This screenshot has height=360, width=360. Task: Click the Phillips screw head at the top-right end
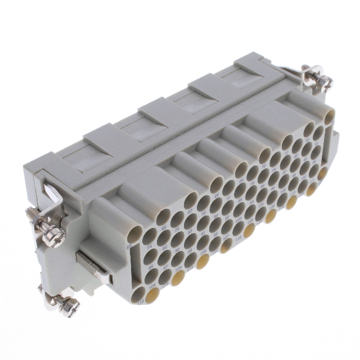tap(325, 82)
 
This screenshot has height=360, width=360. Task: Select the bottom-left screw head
tap(72, 304)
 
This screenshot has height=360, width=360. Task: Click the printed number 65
tap(129, 246)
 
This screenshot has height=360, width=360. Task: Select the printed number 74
tap(149, 247)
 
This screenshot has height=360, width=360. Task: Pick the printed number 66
tap(164, 228)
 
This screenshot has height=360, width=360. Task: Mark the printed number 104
tap(152, 286)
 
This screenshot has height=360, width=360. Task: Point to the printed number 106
tap(203, 251)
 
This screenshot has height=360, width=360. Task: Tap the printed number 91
tap(203, 232)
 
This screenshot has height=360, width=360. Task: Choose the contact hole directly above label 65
tap(134, 233)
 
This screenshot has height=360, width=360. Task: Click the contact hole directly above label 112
tap(138, 292)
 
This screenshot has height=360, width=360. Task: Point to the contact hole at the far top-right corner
tap(330, 115)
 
